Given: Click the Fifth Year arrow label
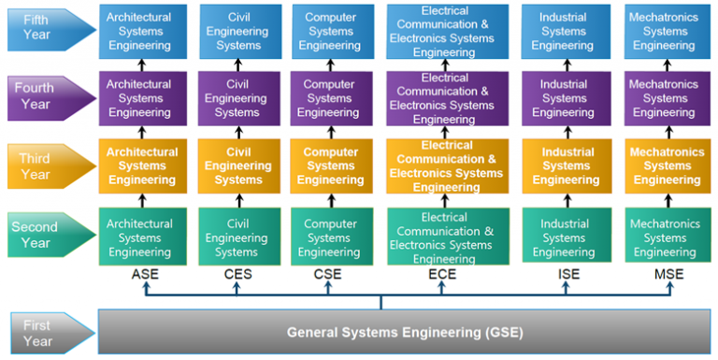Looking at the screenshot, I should (x=47, y=30).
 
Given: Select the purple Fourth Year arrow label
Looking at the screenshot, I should (x=47, y=96).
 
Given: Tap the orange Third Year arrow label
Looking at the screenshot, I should (x=47, y=166).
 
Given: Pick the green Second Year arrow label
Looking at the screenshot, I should (x=47, y=234).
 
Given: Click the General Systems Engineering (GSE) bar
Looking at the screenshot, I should (x=404, y=332).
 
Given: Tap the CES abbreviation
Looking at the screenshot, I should (x=237, y=275).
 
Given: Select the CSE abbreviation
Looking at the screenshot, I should (x=329, y=275).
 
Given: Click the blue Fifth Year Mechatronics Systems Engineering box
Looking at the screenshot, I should (x=664, y=32).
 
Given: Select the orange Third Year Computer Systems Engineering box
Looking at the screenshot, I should (x=329, y=166).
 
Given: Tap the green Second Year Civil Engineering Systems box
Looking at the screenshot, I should (x=237, y=238).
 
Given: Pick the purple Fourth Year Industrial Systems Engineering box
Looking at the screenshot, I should (x=564, y=98).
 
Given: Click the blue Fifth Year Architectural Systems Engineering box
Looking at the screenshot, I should (x=139, y=32).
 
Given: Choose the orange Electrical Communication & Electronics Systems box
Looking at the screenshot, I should (x=448, y=166).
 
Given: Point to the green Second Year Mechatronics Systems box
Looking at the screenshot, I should (x=664, y=238).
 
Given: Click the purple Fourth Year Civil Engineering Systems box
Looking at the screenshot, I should (x=237, y=98).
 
